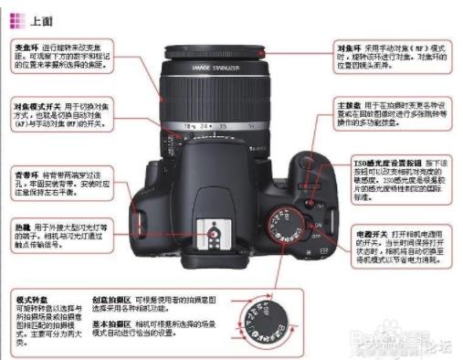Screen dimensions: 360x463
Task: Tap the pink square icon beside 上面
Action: (18, 19)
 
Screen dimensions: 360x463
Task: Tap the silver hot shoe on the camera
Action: (212, 234)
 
